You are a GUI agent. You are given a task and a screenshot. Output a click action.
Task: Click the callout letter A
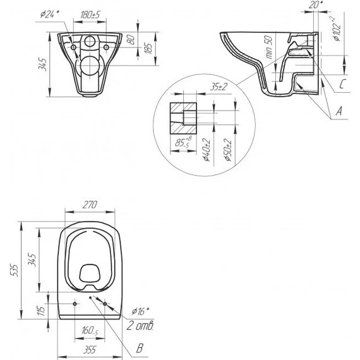(340, 111)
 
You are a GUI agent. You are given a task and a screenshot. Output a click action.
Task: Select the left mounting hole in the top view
(75, 304)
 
